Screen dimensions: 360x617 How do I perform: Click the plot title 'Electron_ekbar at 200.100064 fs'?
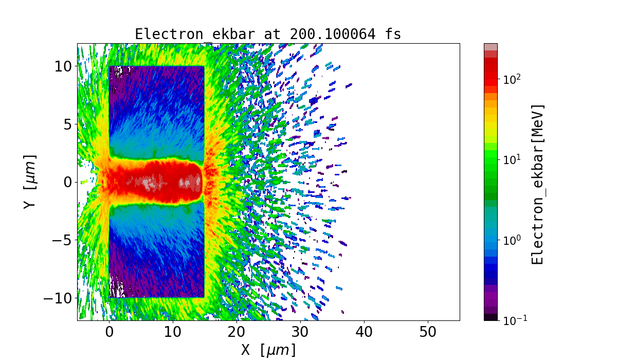click(268, 34)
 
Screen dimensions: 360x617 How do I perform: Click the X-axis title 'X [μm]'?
click(268, 350)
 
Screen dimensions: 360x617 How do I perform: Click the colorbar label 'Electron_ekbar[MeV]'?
click(538, 184)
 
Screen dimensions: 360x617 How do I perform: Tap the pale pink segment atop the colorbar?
click(491, 46)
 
